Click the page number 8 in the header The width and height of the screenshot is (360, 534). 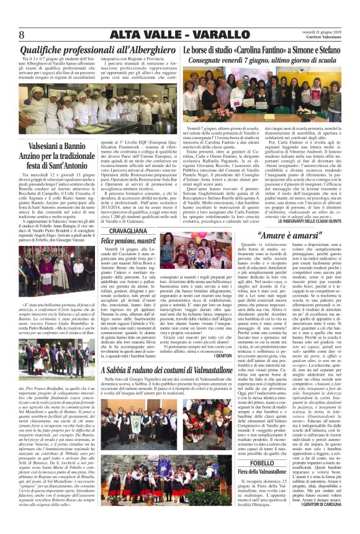[21, 34]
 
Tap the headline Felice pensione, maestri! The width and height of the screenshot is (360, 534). [128, 240]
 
